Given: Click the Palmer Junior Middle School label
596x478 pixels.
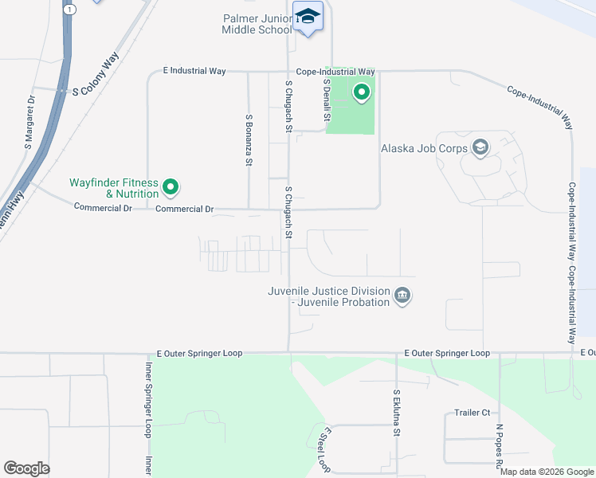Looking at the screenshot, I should click(x=257, y=23).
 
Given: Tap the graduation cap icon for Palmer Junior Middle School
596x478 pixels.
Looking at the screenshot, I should click(x=308, y=17).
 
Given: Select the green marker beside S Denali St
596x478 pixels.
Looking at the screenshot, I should click(x=361, y=94).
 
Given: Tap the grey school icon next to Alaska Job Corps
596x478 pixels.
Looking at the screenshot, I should click(x=480, y=147).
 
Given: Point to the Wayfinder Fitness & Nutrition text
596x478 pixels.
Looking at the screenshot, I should click(x=113, y=188).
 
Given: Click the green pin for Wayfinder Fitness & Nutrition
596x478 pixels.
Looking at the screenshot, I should click(x=170, y=188).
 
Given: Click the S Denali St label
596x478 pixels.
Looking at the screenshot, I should click(x=327, y=100).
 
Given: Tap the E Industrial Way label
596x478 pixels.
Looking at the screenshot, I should click(x=194, y=71).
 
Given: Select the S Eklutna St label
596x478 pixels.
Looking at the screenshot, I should click(x=395, y=415).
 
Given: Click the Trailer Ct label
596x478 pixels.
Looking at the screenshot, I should click(x=472, y=413).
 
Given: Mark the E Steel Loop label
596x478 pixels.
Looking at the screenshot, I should click(x=323, y=449).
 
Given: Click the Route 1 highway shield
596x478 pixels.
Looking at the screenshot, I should click(x=71, y=9).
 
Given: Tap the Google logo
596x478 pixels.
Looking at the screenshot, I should click(x=25, y=468).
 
